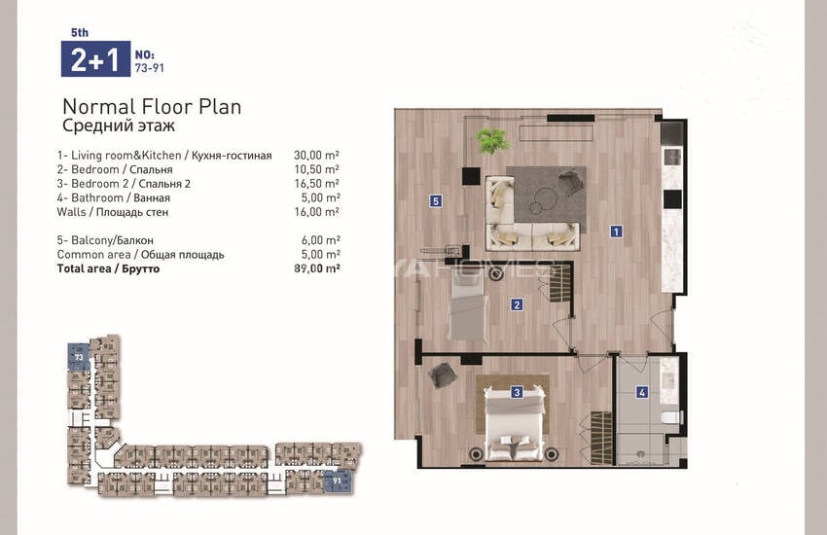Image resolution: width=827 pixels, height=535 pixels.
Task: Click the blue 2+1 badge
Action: pyautogui.click(x=95, y=59)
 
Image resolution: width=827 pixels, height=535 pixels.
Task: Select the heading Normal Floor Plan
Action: pyautogui.click(x=152, y=107)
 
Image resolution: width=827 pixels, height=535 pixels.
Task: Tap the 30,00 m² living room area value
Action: pyautogui.click(x=316, y=155)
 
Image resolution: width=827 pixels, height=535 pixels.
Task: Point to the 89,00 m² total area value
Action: pyautogui.click(x=316, y=268)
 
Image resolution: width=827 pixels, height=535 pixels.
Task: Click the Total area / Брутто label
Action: pyautogui.click(x=108, y=268)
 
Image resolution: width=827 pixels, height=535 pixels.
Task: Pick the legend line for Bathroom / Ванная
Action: pyautogui.click(x=114, y=198)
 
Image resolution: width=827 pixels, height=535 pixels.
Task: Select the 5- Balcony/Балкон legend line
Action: pyautogui.click(x=105, y=240)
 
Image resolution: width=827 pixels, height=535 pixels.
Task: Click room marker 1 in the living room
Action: pyautogui.click(x=616, y=232)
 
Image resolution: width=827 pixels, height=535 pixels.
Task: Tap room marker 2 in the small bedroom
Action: pyautogui.click(x=517, y=304)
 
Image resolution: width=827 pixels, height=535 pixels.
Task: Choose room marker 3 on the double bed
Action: pyautogui.click(x=517, y=392)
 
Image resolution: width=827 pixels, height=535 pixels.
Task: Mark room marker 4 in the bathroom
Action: pyautogui.click(x=641, y=392)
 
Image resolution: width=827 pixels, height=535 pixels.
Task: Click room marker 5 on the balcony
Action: pyautogui.click(x=435, y=200)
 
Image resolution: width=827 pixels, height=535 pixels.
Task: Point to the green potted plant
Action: pyautogui.click(x=492, y=140)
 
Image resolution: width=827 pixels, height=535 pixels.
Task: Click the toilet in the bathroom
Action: pyautogui.click(x=671, y=417)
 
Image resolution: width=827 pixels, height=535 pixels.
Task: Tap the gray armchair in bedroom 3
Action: pyautogui.click(x=442, y=375)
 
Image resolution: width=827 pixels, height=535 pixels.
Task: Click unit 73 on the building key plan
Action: pyautogui.click(x=79, y=357)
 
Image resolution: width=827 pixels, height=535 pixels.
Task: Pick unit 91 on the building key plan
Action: pyautogui.click(x=337, y=481)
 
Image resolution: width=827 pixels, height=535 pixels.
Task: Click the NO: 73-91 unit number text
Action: pyautogui.click(x=149, y=61)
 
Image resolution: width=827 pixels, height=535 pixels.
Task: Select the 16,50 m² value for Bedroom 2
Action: pyautogui.click(x=316, y=184)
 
